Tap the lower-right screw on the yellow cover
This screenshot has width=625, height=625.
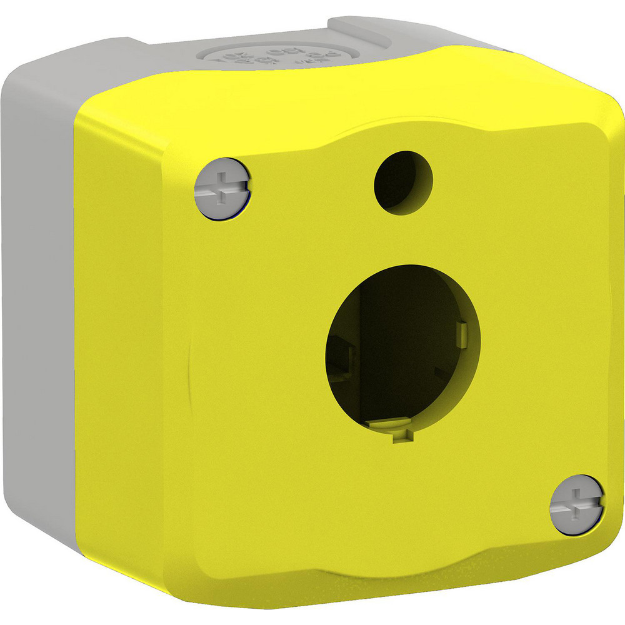tap(577, 504)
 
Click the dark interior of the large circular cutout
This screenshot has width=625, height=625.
tap(400, 356)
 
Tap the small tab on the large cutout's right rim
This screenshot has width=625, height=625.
tap(462, 332)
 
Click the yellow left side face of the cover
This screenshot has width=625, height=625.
tap(125, 344)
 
